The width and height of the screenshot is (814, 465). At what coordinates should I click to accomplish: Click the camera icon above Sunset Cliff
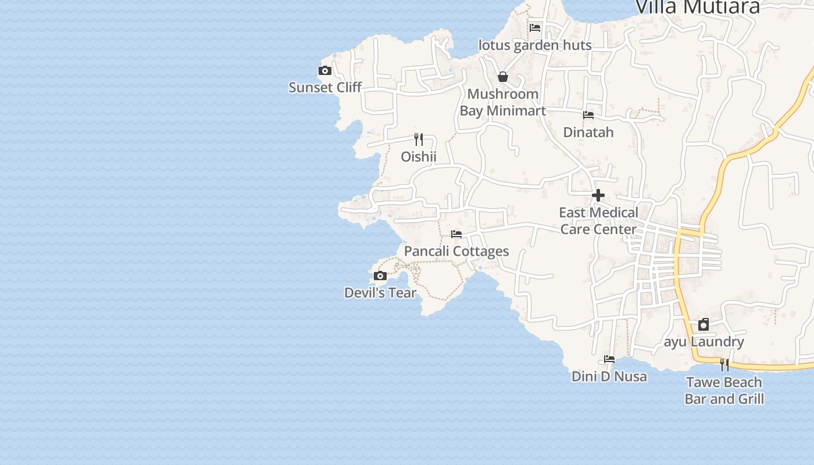point(325,71)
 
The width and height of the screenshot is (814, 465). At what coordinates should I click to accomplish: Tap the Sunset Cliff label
point(325,87)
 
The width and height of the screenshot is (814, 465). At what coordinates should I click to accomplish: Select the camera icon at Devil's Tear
point(380,276)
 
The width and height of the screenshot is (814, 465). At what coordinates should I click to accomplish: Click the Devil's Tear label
point(380,292)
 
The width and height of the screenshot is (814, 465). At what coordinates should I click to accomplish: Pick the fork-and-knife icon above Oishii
point(419,139)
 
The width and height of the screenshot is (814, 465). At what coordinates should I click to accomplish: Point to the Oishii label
point(419,156)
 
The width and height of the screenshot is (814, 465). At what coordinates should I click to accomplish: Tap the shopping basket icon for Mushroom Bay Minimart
point(503,77)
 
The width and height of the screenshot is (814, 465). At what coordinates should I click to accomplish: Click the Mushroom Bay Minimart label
point(503,102)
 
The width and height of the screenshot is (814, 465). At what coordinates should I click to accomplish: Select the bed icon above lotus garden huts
point(535,27)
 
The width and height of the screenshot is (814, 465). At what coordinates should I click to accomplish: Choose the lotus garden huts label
point(535,45)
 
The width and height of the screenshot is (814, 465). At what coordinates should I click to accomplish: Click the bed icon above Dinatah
point(588,115)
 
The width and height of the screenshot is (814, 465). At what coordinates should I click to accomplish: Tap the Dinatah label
point(588,132)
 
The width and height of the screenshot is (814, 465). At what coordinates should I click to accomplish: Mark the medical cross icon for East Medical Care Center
point(598,195)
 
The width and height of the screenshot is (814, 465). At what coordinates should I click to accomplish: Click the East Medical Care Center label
point(598,221)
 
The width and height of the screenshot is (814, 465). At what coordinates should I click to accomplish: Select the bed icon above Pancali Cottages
point(456,234)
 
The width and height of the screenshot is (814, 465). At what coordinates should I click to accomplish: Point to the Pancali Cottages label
point(456,251)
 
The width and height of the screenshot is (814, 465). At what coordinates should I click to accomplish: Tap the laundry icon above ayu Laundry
point(704,324)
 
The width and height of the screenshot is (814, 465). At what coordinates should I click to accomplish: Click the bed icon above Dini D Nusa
point(609,359)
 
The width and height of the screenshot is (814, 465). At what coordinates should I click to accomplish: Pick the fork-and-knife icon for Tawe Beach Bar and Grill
point(724,364)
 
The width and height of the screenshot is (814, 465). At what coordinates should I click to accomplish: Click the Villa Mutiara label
point(698,7)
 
